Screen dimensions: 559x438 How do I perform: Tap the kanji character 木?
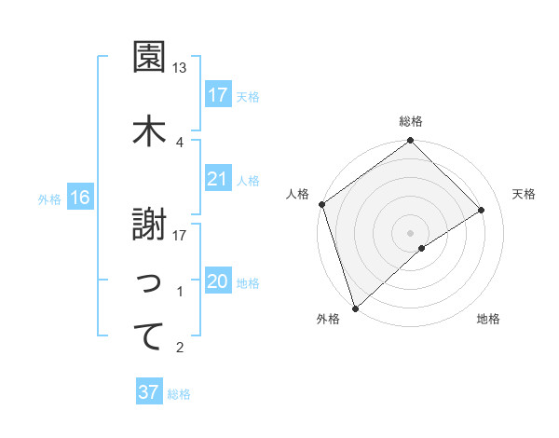pyautogui.click(x=149, y=130)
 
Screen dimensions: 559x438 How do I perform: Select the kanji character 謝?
pyautogui.click(x=149, y=224)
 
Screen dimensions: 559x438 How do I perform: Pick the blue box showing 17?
pyautogui.click(x=218, y=95)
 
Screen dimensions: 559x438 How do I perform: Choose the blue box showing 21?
pyautogui.click(x=218, y=179)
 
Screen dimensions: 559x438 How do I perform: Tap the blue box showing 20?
pyautogui.click(x=218, y=282)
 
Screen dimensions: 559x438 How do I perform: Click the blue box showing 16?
pyautogui.click(x=79, y=198)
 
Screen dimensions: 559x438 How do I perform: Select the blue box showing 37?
pyautogui.click(x=149, y=392)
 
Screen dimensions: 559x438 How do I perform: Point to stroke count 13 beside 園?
pyautogui.click(x=180, y=68)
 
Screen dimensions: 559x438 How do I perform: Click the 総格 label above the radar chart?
pyautogui.click(x=410, y=121)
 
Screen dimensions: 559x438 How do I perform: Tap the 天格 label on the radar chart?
pyautogui.click(x=525, y=194)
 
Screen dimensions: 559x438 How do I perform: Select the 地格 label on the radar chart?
pyautogui.click(x=488, y=320)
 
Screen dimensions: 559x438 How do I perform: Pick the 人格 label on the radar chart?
pyautogui.click(x=298, y=194)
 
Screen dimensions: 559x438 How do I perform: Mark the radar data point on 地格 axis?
pyautogui.click(x=422, y=248)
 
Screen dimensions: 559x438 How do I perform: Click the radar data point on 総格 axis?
pyautogui.click(x=410, y=142)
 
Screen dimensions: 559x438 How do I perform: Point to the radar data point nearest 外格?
pyautogui.click(x=354, y=308)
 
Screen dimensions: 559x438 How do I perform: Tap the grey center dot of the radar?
pyautogui.click(x=410, y=231)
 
